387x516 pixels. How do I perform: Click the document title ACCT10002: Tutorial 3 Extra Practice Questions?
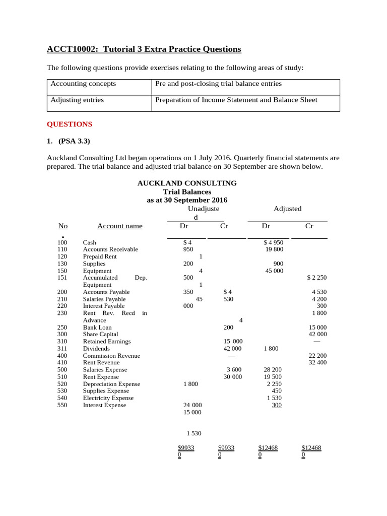tap(144, 49)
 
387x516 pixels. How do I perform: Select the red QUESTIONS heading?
tap(70, 124)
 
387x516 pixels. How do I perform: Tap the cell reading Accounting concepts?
tap(83, 84)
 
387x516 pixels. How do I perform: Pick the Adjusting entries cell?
tap(77, 100)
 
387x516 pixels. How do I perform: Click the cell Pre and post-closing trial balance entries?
tap(218, 84)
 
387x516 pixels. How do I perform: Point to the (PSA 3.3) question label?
tap(74, 141)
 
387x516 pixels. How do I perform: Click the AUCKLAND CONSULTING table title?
tap(187, 183)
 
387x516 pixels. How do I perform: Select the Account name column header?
tap(119, 226)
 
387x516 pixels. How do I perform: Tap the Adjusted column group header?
tap(287, 209)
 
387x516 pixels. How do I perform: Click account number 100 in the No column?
tap(62, 242)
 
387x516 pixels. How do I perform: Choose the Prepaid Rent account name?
tap(100, 256)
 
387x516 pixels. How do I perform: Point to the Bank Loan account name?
tap(97, 327)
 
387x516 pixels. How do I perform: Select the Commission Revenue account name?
tap(111, 355)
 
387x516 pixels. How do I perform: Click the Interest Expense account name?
tap(104, 405)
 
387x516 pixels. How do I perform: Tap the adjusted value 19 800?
tap(274, 249)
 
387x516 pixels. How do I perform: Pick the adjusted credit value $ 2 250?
tap(316, 278)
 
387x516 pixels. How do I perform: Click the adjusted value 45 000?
tap(274, 271)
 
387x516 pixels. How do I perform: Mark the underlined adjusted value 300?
tap(277, 405)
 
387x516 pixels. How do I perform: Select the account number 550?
tap(62, 405)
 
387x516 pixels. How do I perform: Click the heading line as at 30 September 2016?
tap(187, 200)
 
